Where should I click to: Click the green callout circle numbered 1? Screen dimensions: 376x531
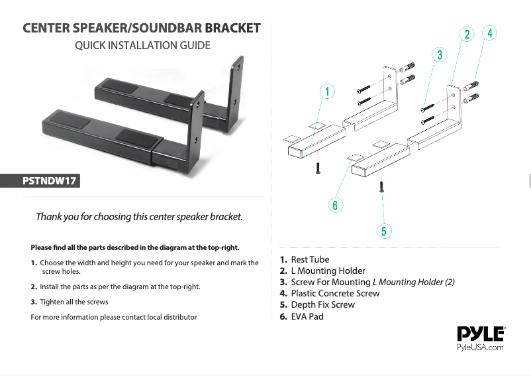[326, 90]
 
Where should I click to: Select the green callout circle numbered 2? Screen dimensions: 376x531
[467, 34]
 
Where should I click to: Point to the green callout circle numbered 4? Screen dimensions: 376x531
[489, 32]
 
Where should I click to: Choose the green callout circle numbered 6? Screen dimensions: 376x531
[336, 205]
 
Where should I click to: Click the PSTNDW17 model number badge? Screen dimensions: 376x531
[50, 180]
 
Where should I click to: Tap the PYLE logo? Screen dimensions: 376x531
[481, 334]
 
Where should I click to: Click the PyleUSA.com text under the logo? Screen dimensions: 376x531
[481, 347]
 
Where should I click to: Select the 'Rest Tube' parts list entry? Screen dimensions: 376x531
[309, 259]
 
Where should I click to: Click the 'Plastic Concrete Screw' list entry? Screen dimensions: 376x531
[335, 293]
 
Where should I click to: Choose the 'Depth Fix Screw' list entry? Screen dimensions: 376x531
[322, 304]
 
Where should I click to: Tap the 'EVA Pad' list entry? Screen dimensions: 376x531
[307, 316]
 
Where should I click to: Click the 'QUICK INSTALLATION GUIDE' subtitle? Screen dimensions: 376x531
[142, 46]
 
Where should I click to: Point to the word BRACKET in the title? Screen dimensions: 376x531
[232, 29]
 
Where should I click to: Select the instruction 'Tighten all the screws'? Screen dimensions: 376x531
[73, 302]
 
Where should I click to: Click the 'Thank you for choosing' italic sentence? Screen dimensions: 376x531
[139, 217]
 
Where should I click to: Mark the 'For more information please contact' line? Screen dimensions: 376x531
[114, 317]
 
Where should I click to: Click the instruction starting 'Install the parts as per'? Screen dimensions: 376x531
[120, 286]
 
